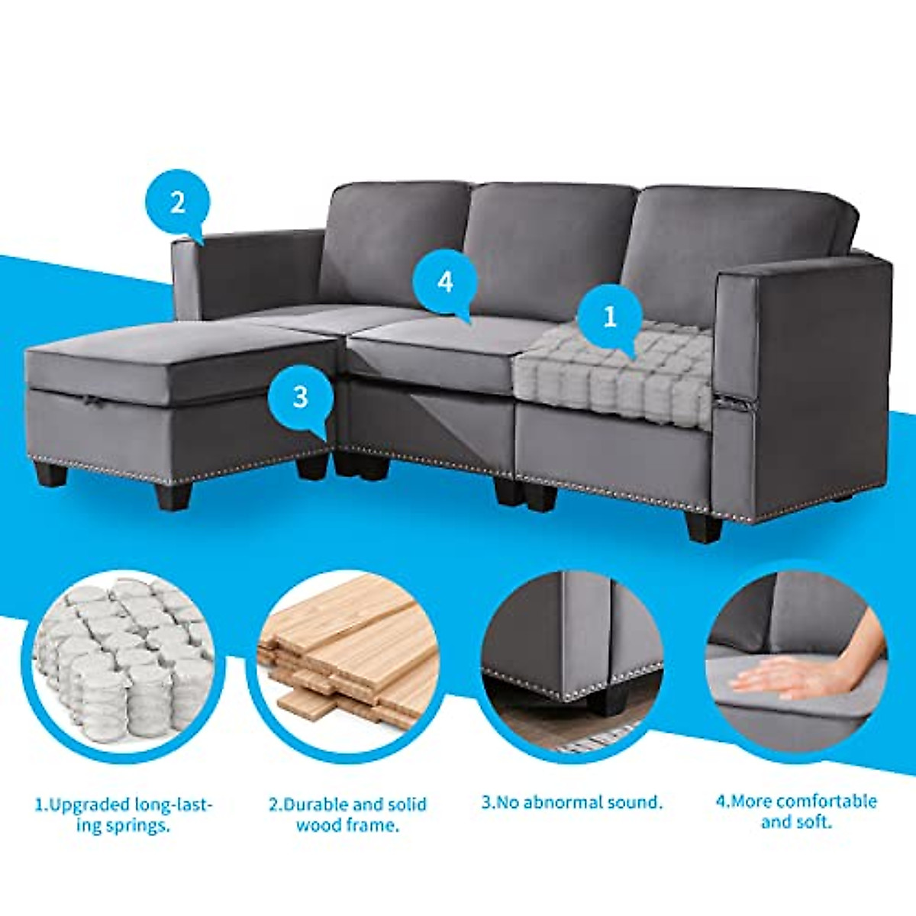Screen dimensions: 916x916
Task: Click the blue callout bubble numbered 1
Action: tap(609, 318)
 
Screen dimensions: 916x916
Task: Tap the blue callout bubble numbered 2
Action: tap(177, 202)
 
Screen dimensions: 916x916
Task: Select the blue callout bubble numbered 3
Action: tap(300, 397)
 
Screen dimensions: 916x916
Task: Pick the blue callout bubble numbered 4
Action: tap(445, 282)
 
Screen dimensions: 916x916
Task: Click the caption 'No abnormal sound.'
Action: tap(572, 802)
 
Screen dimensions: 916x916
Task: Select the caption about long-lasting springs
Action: tap(124, 814)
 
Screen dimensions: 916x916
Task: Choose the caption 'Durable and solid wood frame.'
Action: tap(347, 814)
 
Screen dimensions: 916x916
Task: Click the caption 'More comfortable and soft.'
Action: tap(796, 811)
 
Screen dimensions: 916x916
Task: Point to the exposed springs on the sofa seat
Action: tap(614, 370)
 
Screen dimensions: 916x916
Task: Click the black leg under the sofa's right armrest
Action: tap(702, 527)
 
